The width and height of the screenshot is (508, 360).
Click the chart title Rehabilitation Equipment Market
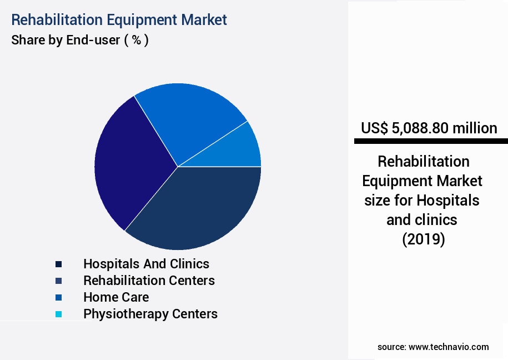click(119, 20)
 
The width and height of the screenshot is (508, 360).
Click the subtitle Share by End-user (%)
click(80, 41)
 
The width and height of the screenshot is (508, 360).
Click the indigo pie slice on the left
click(128, 164)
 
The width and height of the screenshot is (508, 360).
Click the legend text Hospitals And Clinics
click(146, 264)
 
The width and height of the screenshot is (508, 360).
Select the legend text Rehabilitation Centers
click(149, 281)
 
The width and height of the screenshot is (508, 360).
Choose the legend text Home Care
click(116, 297)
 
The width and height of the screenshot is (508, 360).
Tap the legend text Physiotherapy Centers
click(150, 314)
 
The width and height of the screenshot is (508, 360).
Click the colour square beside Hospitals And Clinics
click(58, 264)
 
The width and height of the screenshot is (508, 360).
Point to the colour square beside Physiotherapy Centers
click(58, 314)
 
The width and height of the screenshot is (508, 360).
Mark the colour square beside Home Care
click(58, 298)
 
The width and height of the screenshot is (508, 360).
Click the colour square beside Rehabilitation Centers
click(58, 281)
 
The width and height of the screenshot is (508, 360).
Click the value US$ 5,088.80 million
click(429, 128)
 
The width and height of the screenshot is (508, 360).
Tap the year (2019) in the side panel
click(423, 239)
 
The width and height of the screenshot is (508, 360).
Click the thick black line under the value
click(430, 142)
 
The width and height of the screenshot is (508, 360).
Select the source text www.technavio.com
click(449, 347)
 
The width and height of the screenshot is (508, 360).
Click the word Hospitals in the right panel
click(449, 200)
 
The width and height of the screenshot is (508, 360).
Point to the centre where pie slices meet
click(178, 167)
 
